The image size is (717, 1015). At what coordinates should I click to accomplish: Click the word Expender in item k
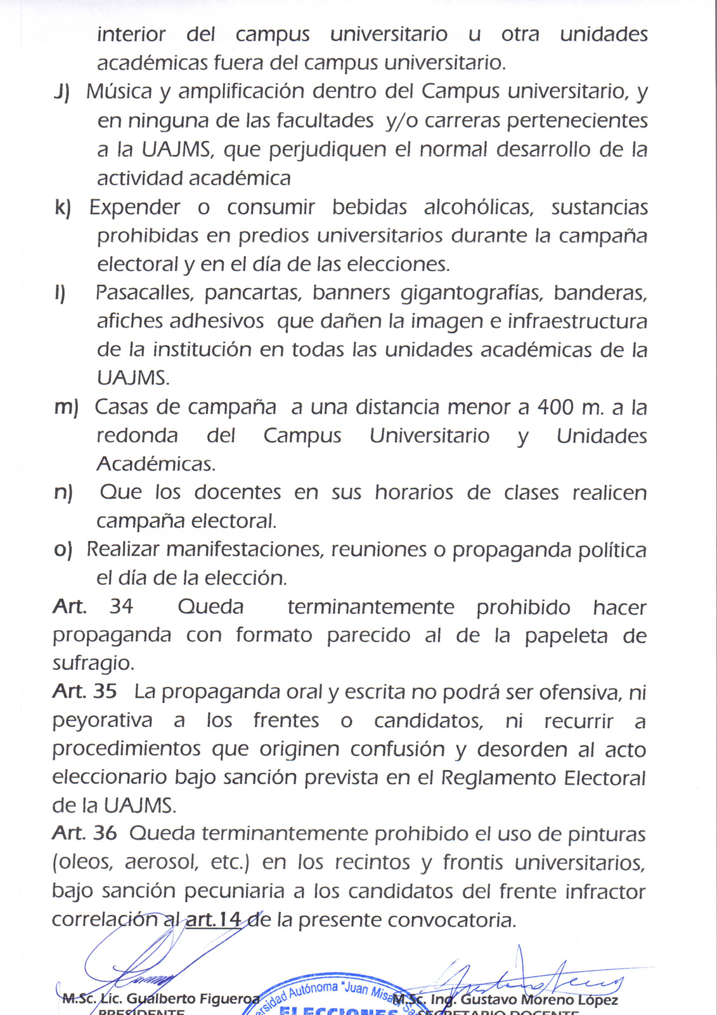[x=134, y=207]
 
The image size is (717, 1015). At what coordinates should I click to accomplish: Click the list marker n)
[x=63, y=492]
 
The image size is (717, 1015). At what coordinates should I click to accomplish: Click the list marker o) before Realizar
[x=63, y=549]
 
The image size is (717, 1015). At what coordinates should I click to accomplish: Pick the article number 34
[x=121, y=606]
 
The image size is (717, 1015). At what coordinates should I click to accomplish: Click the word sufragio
[x=93, y=664]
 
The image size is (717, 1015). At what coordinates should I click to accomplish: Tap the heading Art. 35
[x=84, y=691]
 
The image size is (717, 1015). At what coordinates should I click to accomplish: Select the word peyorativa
[x=102, y=721]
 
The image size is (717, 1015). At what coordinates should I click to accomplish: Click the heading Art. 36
[x=84, y=833]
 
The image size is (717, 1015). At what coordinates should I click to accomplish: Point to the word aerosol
[x=161, y=862]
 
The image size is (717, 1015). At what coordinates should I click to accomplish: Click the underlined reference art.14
[x=213, y=919]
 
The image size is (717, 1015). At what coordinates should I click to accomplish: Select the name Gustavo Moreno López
[x=539, y=1000]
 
